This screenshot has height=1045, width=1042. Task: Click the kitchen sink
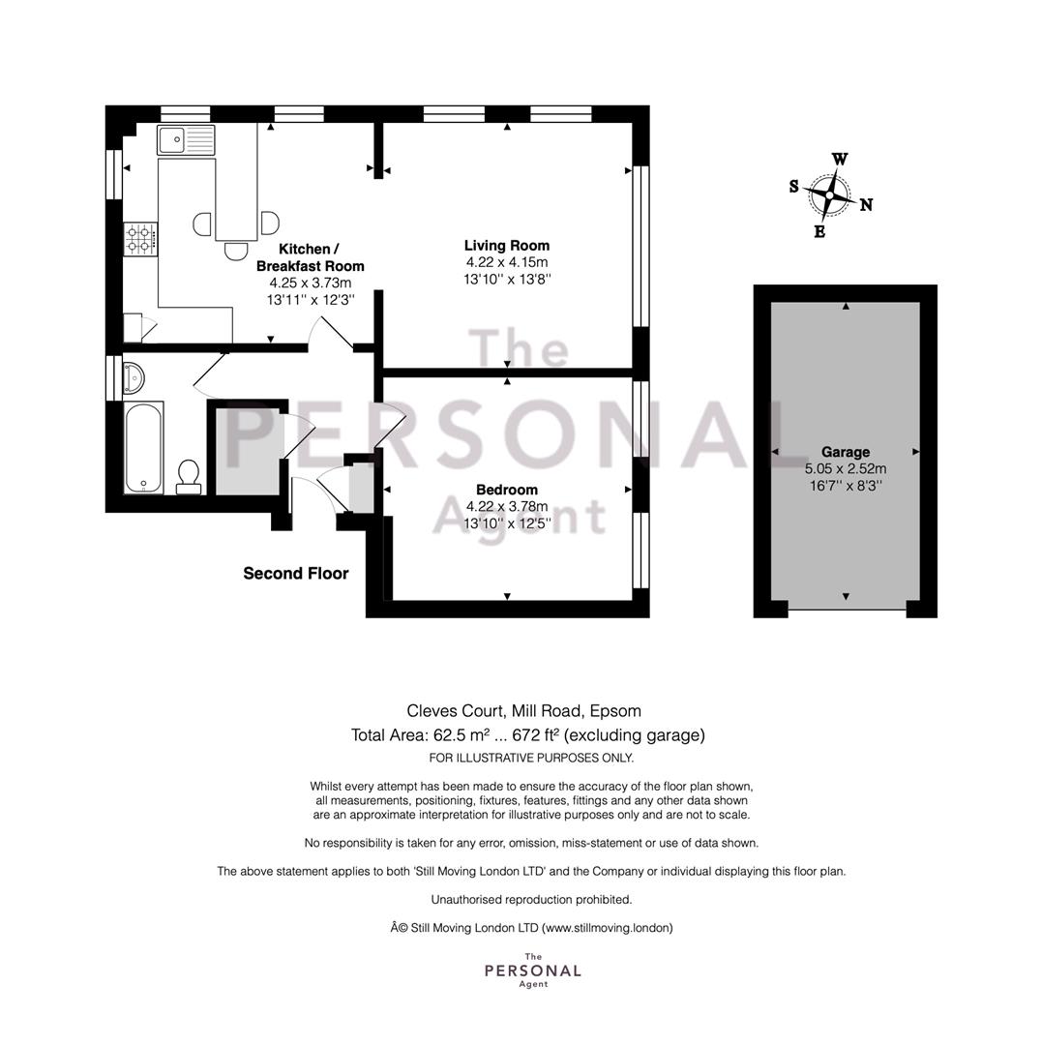pos(186,140)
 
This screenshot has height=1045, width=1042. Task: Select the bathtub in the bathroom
pos(144,447)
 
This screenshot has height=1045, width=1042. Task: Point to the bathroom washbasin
pos(134,378)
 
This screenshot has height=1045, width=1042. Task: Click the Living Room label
pos(507,245)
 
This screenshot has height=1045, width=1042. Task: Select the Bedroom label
pos(507,490)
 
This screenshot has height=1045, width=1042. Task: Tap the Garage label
pos(846,451)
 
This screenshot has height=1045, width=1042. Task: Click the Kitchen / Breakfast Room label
pos(310,257)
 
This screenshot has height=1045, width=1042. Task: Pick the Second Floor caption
pos(296,573)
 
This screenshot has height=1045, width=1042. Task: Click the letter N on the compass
pos(866,204)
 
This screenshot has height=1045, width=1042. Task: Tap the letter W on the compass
pos(840,159)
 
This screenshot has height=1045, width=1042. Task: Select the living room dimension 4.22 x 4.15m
pos(507,262)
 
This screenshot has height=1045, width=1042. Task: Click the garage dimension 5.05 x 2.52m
pos(846,468)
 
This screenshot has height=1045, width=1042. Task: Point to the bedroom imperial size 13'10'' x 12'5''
pos(507,523)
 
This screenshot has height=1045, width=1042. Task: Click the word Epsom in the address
pos(615,712)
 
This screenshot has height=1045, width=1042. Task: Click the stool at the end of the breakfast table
pos(236,252)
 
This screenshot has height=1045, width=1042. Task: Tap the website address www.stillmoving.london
pos(608,928)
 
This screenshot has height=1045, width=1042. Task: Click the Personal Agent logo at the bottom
pos(533,970)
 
